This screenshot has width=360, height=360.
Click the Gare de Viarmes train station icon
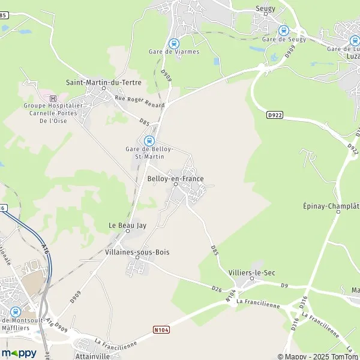tap(174, 43)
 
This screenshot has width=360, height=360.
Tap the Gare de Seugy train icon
tap(284, 31)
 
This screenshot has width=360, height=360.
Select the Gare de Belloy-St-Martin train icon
tap(149, 140)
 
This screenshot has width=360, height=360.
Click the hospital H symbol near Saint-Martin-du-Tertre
tap(53, 98)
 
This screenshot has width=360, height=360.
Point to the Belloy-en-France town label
tap(175, 179)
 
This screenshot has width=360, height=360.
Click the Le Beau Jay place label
tap(127, 225)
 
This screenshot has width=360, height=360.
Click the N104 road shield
tap(160, 329)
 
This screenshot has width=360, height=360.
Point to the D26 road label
tap(217, 289)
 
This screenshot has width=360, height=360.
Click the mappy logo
tap(19, 353)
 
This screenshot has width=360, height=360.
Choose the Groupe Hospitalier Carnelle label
tap(53, 113)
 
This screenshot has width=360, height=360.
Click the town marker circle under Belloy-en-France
tap(175, 185)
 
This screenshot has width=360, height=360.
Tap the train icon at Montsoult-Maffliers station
tap(15, 312)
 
